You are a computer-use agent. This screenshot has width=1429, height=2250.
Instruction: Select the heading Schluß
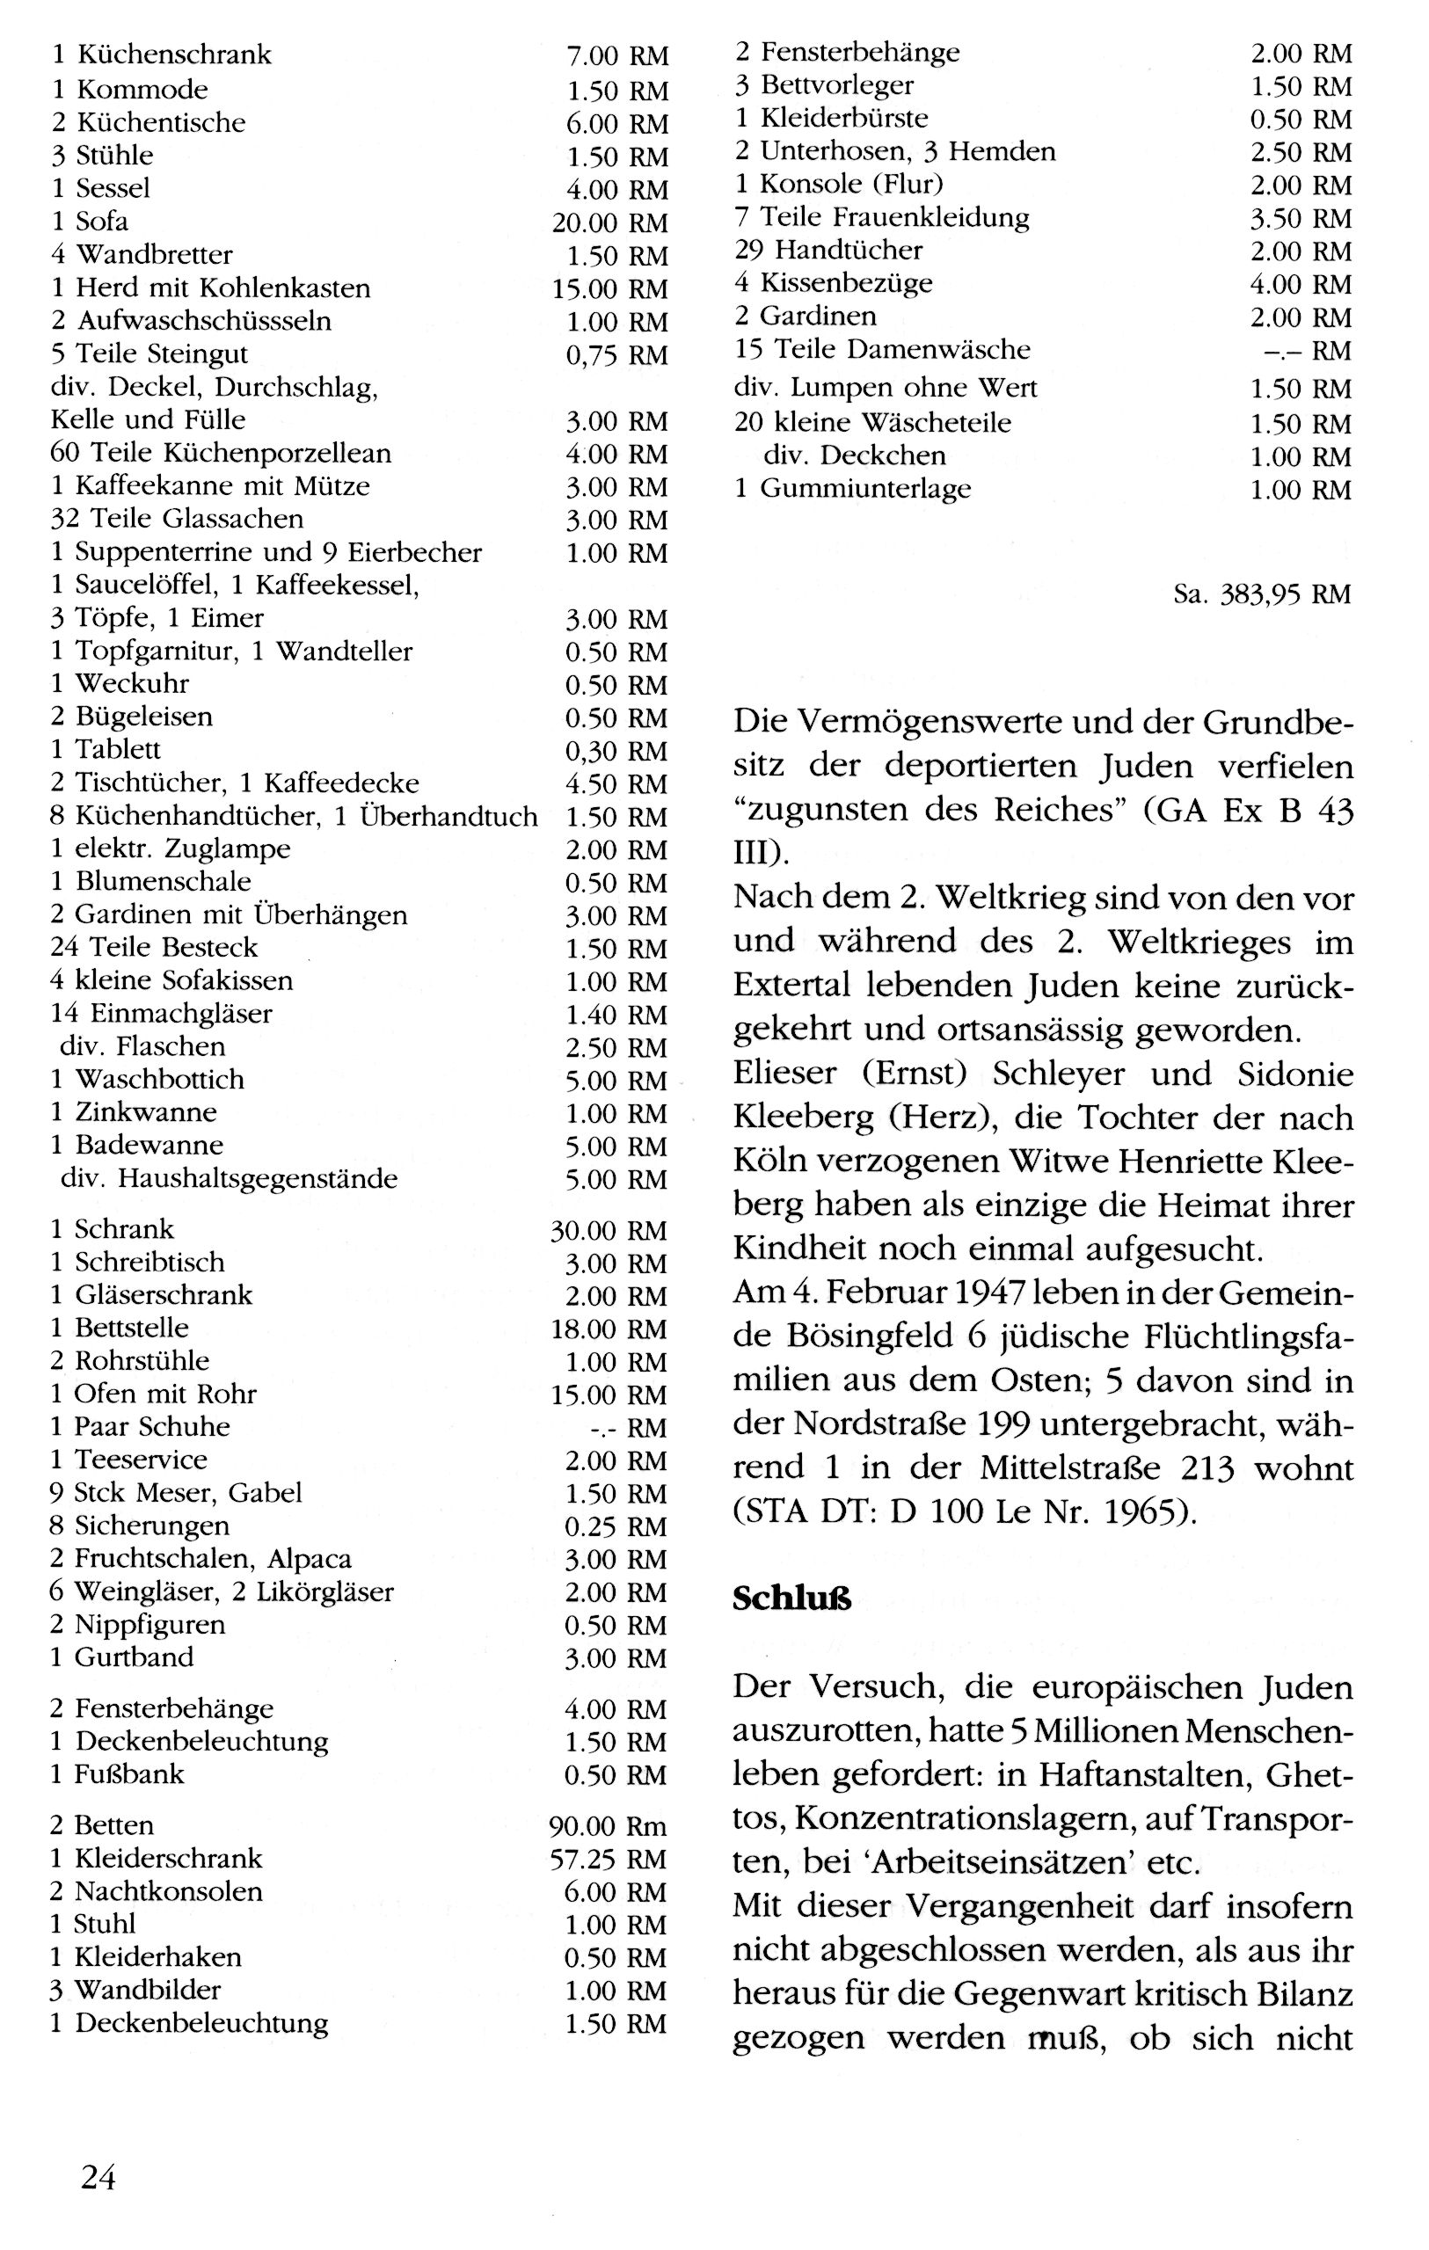click(791, 1598)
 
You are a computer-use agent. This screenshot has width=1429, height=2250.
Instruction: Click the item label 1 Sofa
click(90, 222)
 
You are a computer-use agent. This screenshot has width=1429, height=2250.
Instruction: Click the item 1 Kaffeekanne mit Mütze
click(210, 486)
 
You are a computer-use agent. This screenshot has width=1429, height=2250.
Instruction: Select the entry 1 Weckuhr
click(120, 683)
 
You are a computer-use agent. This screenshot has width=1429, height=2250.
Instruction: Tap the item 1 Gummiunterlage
click(852, 488)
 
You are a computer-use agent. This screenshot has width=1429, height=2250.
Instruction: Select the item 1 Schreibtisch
click(137, 1262)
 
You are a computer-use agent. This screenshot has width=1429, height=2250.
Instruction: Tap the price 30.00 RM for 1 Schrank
click(609, 1231)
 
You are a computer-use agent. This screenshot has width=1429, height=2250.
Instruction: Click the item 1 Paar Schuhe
click(139, 1426)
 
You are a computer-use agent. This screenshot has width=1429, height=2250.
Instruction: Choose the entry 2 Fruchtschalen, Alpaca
click(200, 1558)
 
